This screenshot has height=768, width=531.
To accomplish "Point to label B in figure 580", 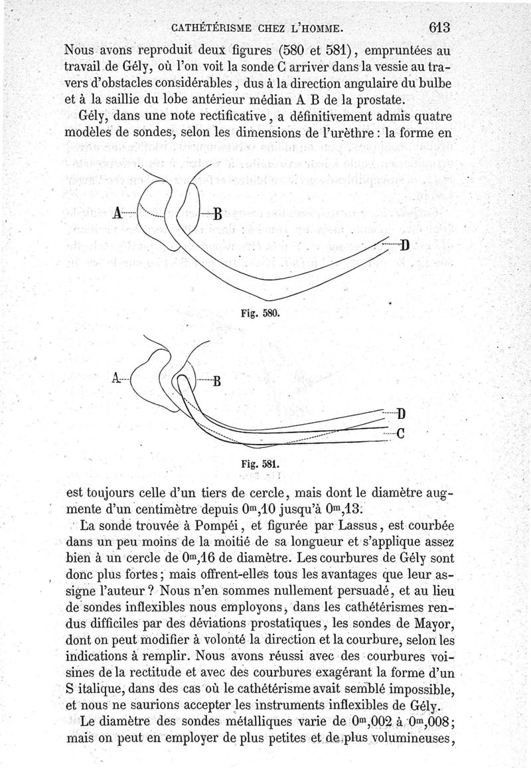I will pyautogui.click(x=217, y=214).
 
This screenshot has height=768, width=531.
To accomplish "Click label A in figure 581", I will pyautogui.click(x=116, y=379).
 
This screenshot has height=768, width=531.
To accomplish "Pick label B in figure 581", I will pyautogui.click(x=216, y=381).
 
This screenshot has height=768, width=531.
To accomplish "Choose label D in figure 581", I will pyautogui.click(x=400, y=416).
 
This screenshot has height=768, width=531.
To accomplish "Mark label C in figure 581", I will pyautogui.click(x=400, y=435).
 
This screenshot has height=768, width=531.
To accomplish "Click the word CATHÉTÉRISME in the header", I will pyautogui.click(x=210, y=28).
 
